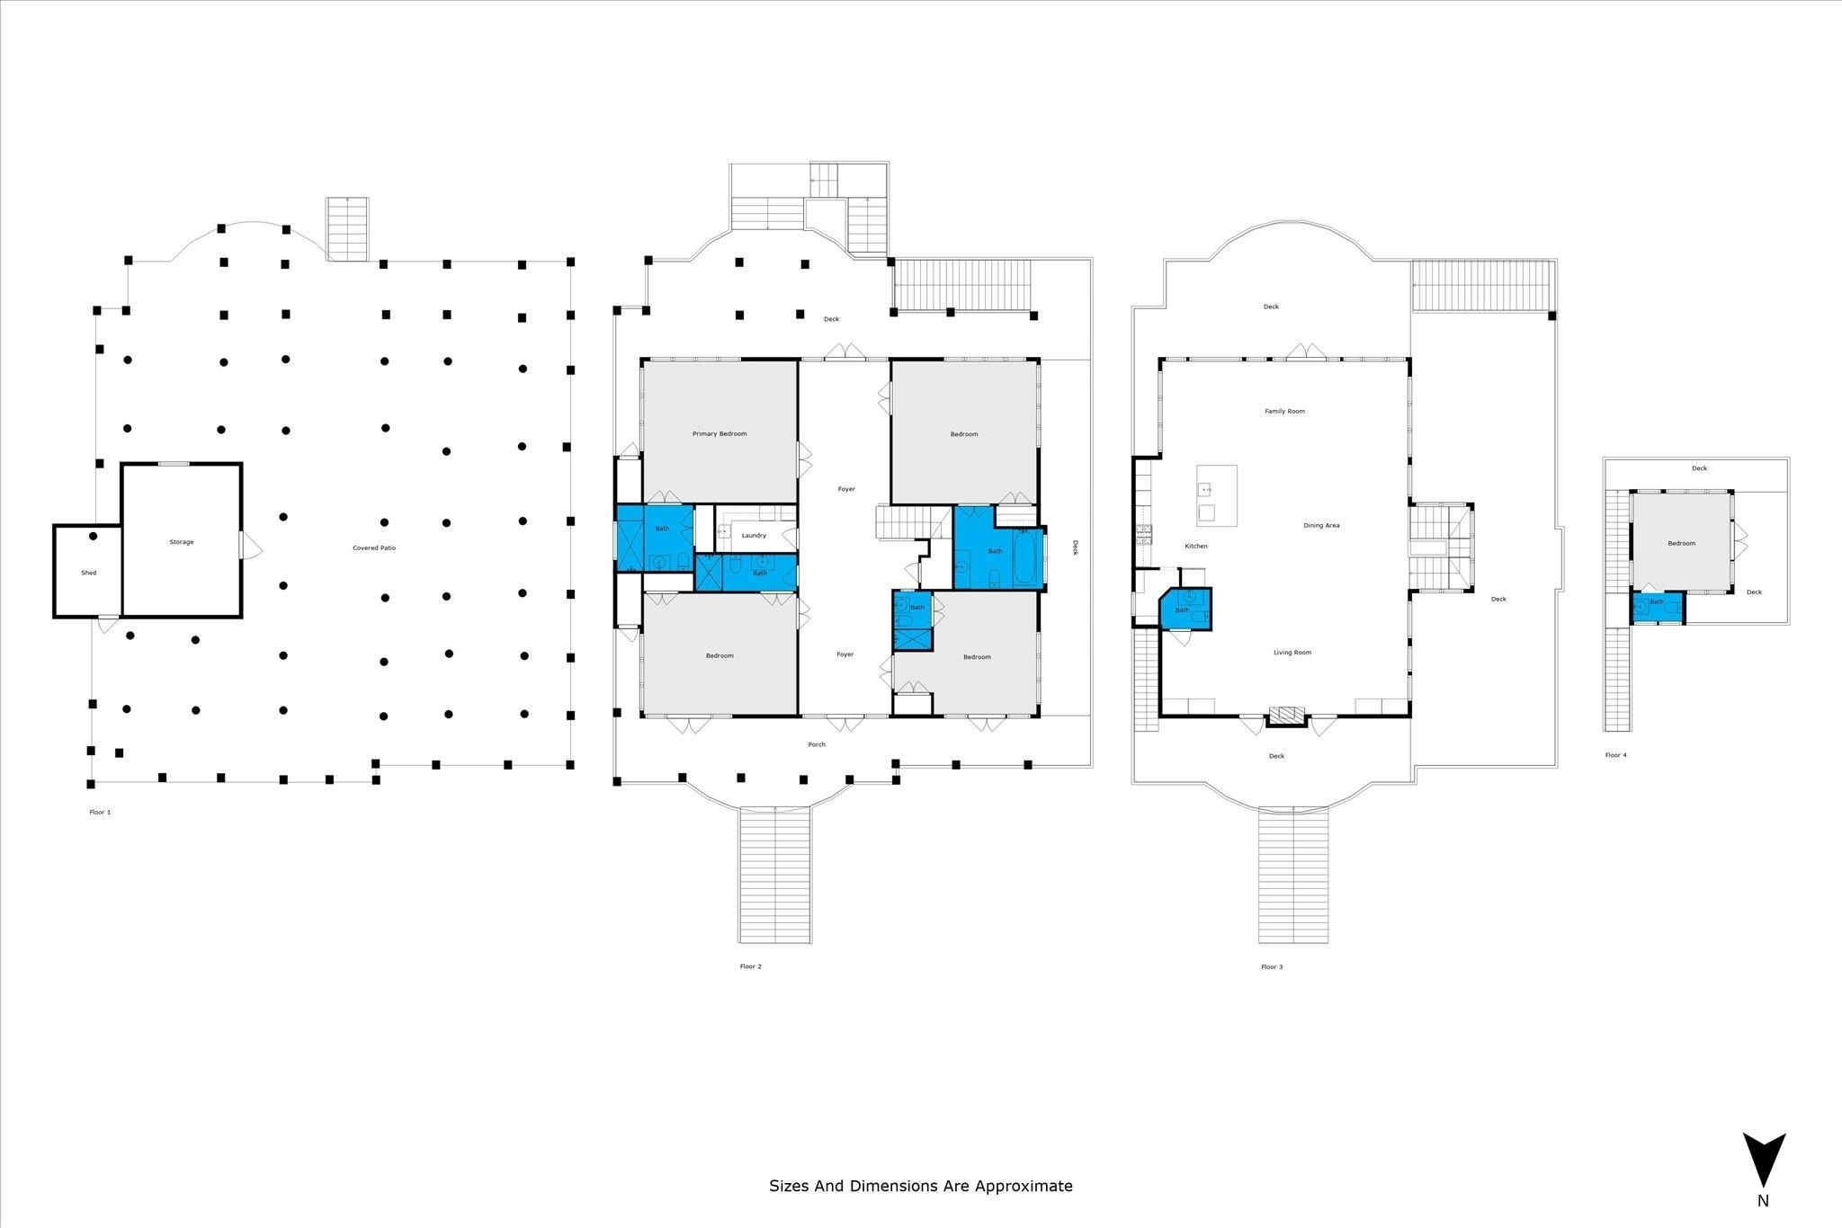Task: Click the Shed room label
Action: coord(88,573)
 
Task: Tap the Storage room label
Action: coord(181,542)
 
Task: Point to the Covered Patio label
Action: coord(374,547)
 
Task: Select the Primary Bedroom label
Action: coord(720,433)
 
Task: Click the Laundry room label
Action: coord(754,535)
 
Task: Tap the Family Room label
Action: coord(1284,411)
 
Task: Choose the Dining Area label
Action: coord(1321,525)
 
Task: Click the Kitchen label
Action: coord(1196,546)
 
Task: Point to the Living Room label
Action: coord(1292,653)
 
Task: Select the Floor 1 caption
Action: coord(100,812)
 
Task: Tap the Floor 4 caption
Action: coord(1615,755)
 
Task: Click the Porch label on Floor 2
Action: coord(817,744)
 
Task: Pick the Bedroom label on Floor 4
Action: coord(1681,543)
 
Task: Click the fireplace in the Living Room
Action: coord(1286,716)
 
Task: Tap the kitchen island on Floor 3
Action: coord(1216,495)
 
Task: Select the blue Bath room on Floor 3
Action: coord(1185,608)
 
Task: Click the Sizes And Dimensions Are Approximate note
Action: coord(920,1186)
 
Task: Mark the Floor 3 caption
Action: coord(1272,966)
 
